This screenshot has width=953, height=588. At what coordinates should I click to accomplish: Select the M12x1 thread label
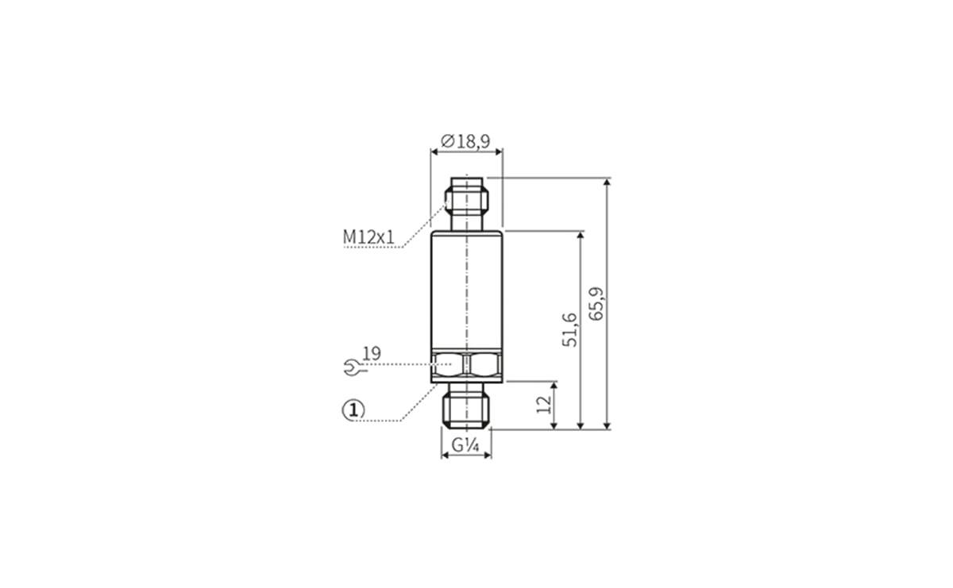(368, 236)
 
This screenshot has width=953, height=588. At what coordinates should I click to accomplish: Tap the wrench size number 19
(371, 352)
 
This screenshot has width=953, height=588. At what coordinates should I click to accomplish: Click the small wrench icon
(350, 366)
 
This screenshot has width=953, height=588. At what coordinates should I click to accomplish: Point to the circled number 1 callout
(353, 409)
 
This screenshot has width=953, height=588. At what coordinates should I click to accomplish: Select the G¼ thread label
(466, 446)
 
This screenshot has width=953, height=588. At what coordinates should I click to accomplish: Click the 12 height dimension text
(544, 405)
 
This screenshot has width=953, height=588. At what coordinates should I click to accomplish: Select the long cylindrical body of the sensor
(466, 290)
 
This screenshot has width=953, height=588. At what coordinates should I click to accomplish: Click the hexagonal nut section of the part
(466, 365)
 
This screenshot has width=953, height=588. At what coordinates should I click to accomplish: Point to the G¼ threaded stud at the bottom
(466, 406)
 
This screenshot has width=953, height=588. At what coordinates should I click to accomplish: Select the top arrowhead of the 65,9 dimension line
(608, 183)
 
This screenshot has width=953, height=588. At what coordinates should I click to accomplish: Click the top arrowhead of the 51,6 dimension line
(581, 236)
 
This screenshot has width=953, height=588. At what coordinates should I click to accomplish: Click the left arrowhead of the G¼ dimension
(445, 455)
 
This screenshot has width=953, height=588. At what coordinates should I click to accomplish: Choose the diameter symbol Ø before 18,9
(446, 141)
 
